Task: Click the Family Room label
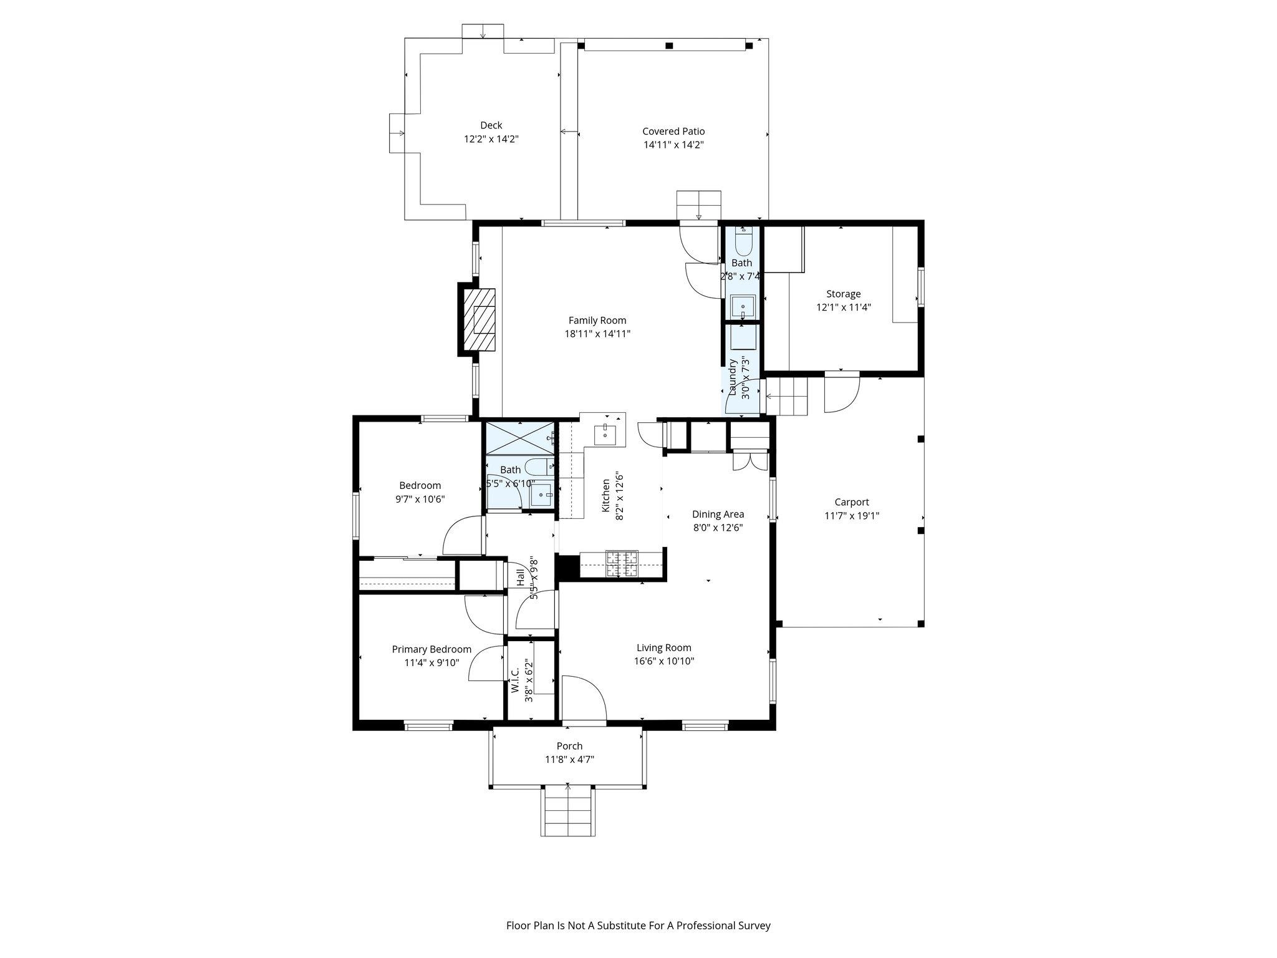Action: [x=597, y=320]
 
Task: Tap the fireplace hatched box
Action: [x=479, y=320]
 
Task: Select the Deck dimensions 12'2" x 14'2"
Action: [x=491, y=139]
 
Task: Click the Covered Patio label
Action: [x=673, y=131]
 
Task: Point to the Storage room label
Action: [x=843, y=294]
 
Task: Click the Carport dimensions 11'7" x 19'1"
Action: [x=852, y=516]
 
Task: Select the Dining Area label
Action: [x=718, y=514]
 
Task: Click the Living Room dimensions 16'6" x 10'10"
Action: [x=663, y=661]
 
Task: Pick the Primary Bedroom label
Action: [x=431, y=649]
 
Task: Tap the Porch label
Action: [x=569, y=746]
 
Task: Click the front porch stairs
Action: [x=567, y=811]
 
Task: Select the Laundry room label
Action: [x=733, y=377]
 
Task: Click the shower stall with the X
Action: [x=519, y=438]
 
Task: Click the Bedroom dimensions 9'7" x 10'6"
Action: [x=420, y=499]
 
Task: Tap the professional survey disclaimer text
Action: [x=638, y=926]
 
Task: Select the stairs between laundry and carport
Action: [x=787, y=396]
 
